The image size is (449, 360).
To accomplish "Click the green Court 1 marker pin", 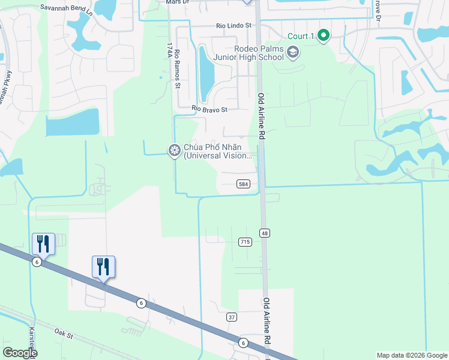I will (x=324, y=36).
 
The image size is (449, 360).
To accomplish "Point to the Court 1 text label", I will (x=301, y=36).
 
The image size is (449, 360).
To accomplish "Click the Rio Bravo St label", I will (x=209, y=110).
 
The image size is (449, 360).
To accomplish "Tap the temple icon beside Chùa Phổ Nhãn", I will (x=175, y=150).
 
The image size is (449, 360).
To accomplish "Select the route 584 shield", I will (x=243, y=184).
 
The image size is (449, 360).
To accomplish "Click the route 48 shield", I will (x=264, y=232).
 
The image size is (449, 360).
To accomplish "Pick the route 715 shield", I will (x=244, y=242).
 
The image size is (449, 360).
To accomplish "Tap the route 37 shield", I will (x=232, y=317).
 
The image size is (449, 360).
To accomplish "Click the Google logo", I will (x=20, y=353).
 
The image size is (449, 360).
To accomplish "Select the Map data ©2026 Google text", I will (x=411, y=355).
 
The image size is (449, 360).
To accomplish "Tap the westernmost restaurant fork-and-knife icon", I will (x=43, y=243).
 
